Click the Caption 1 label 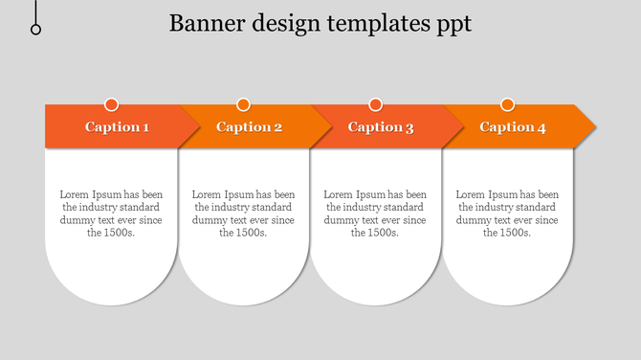(117, 127)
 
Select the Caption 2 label (249, 127)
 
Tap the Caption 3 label (381, 127)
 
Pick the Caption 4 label (513, 127)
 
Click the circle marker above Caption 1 (111, 104)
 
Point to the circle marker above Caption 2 (243, 104)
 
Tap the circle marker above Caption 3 (375, 104)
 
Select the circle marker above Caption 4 (507, 104)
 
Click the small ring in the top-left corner (36, 30)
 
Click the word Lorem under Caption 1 (75, 194)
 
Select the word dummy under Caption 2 (209, 219)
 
